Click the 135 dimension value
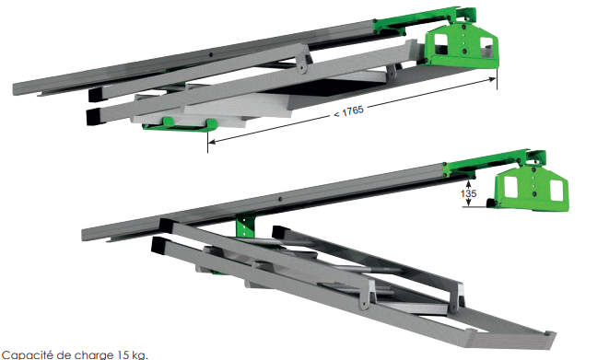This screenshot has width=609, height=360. (469, 196)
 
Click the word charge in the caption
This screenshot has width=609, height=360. (89, 353)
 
